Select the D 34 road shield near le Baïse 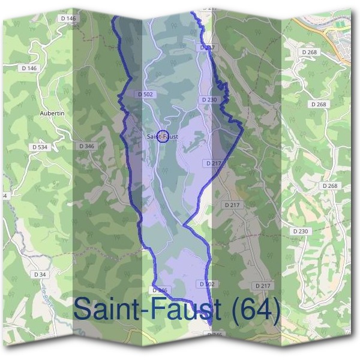(x=40, y=274)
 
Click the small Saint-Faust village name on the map (x=162, y=137)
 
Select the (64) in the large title (x=256, y=310)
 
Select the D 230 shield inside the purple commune (x=209, y=100)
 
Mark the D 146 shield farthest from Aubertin (x=69, y=19)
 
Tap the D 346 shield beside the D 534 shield (x=86, y=146)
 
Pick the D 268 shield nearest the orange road (x=310, y=52)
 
